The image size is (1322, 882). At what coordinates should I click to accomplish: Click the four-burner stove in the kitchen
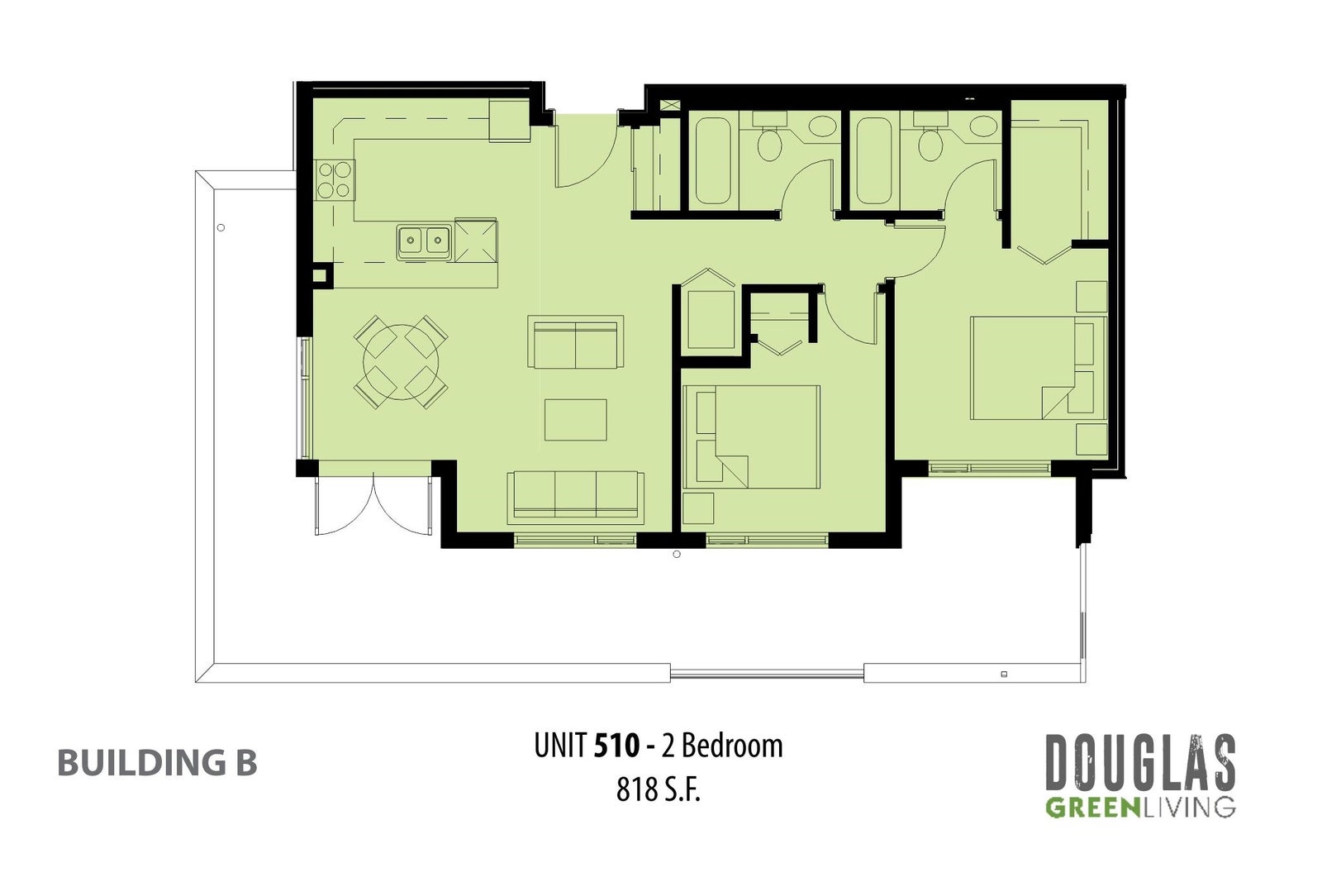335,180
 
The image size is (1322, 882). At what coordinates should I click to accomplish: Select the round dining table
401,362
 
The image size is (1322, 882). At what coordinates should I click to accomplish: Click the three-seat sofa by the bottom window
575,498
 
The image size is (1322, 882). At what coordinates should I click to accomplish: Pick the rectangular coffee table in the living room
575,420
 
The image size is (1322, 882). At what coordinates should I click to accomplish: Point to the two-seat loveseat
575,342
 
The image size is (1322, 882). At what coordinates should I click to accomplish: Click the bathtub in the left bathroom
713,160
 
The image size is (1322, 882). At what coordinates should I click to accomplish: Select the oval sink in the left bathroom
822,126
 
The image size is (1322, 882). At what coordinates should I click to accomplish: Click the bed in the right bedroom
1038,369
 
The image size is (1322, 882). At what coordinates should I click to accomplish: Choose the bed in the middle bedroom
751,437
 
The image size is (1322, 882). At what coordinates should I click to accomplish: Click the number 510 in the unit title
616,746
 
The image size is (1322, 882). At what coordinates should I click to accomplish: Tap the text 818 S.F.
658,789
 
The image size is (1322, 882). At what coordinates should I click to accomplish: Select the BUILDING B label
157,763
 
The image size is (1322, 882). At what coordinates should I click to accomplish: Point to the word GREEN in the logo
1092,808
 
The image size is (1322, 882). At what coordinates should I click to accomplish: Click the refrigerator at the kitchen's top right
509,121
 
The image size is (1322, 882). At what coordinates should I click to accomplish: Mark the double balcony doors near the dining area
373,505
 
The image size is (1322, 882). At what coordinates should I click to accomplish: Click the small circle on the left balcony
221,228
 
